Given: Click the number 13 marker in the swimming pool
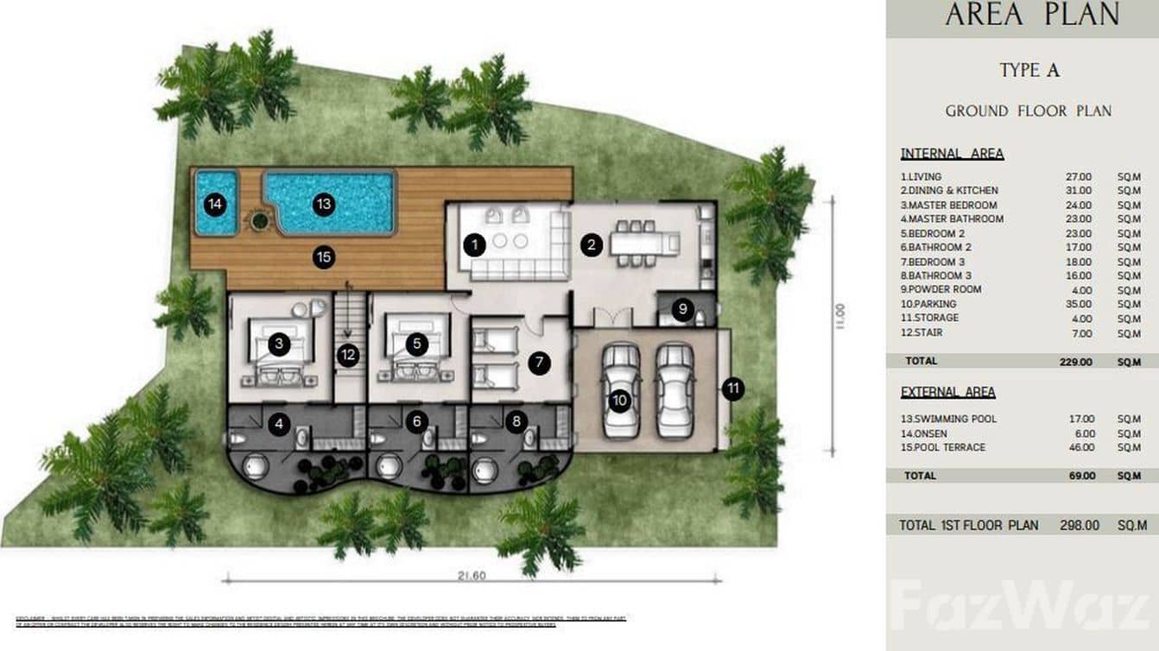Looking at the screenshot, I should click(324, 204).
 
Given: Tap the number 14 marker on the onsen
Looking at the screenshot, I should click(215, 205).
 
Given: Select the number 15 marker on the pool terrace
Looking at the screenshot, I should click(324, 256).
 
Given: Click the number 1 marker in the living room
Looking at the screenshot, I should click(473, 245).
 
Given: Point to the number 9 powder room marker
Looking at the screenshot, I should click(682, 308).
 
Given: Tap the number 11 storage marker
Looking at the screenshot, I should click(732, 389).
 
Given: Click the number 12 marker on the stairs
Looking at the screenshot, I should click(348, 355).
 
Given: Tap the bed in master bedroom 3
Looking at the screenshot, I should click(281, 351).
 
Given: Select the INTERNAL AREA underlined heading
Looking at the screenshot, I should click(952, 154).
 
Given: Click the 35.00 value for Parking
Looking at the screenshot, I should click(1078, 304).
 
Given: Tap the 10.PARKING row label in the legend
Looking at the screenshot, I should click(928, 304).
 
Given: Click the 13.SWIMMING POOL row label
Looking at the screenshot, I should click(948, 419).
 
